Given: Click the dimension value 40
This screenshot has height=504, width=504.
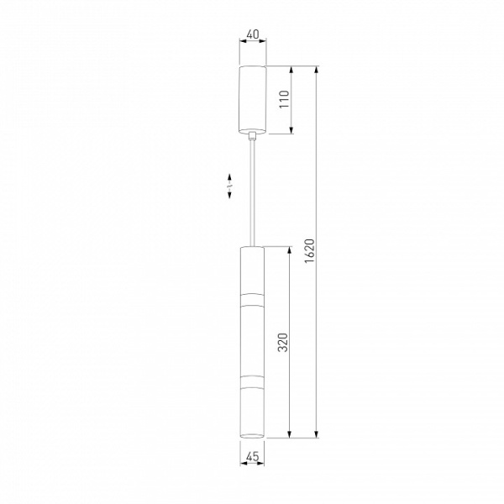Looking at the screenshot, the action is [x=253, y=34].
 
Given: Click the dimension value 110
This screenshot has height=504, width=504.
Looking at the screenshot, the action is [x=284, y=99].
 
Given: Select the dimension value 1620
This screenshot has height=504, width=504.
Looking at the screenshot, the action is [x=309, y=251].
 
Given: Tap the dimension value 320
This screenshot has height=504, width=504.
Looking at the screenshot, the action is [x=283, y=343].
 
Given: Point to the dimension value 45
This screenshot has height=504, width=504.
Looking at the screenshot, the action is [x=252, y=456].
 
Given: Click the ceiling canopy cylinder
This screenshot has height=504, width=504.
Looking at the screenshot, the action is [x=253, y=99].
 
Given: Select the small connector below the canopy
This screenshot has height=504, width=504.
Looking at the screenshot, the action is [x=253, y=136].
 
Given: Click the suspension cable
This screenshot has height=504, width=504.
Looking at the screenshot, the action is [x=253, y=193].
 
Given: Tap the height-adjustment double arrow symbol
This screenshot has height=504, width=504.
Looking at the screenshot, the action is [x=229, y=186].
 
